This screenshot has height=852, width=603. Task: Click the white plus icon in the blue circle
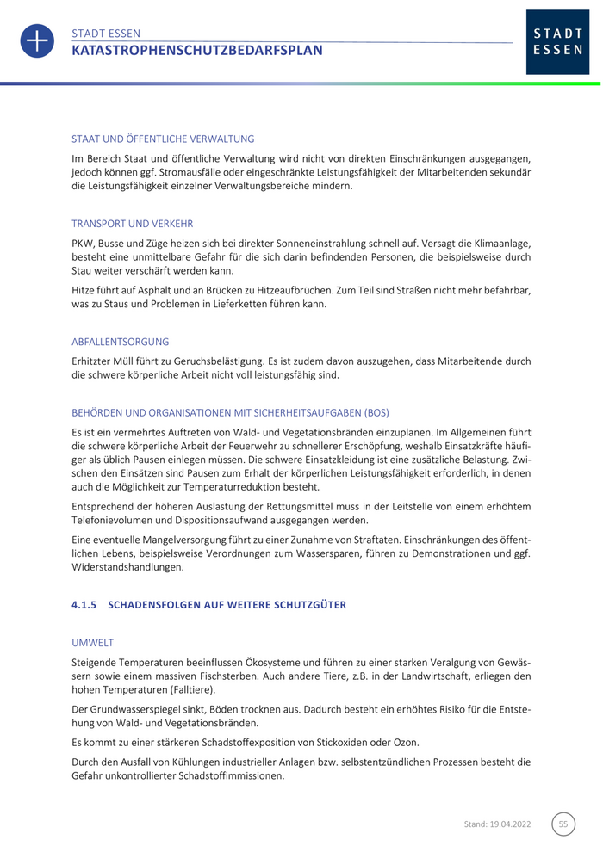(x=37, y=41)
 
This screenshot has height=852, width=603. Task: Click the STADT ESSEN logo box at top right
(x=557, y=42)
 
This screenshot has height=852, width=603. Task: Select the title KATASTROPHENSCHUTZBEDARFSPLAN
(x=197, y=51)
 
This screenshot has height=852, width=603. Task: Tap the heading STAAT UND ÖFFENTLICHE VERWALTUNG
(x=163, y=139)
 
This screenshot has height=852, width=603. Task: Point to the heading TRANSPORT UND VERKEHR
(x=133, y=224)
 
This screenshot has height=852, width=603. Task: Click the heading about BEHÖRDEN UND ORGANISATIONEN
(x=230, y=412)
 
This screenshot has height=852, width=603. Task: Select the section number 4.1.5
(x=84, y=605)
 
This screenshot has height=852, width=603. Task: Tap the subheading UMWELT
(x=92, y=643)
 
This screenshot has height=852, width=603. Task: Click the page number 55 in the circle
(x=563, y=824)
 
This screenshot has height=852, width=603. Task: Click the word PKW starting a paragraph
(x=83, y=244)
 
